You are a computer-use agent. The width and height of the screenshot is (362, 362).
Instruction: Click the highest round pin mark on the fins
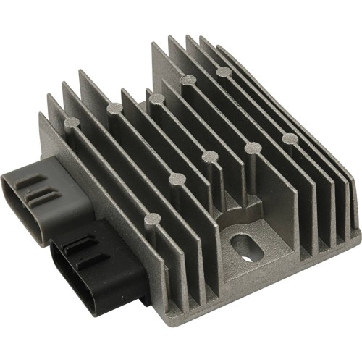224,71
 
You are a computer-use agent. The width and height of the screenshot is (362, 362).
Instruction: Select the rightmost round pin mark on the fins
289,138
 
